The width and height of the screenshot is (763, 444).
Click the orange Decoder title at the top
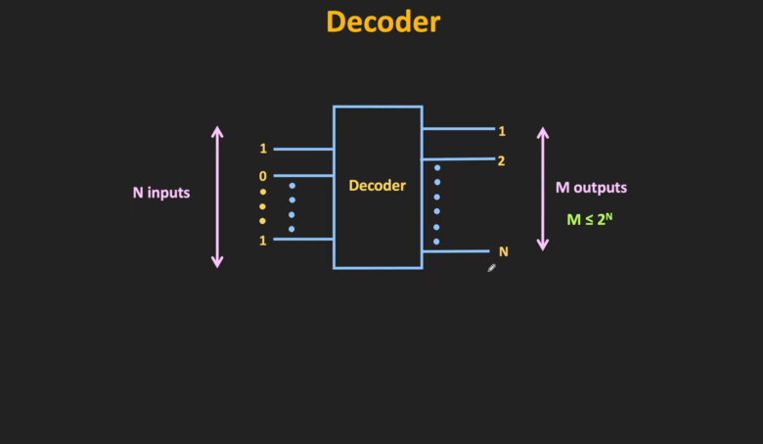tap(382, 22)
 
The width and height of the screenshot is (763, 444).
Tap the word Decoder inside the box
tap(378, 185)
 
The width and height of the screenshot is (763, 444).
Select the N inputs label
tap(161, 193)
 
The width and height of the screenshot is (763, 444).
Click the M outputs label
tap(591, 188)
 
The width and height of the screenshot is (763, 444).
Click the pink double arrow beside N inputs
tap(217, 197)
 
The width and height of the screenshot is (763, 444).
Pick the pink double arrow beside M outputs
tap(543, 187)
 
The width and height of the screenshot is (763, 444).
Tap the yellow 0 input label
tap(262, 176)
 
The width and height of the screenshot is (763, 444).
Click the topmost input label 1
tap(263, 149)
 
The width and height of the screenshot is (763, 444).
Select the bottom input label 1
tap(263, 240)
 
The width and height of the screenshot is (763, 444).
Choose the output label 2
tap(501, 160)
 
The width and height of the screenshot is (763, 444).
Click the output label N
tap(504, 251)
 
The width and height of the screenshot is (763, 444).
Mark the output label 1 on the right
tap(502, 131)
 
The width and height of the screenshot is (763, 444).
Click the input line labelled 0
tap(303, 177)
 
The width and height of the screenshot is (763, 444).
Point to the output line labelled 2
tap(458, 158)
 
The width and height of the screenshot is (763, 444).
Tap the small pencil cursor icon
tap(492, 267)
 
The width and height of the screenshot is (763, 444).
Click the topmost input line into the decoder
tap(303, 149)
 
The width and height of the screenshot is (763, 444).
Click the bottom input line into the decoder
tap(303, 239)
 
